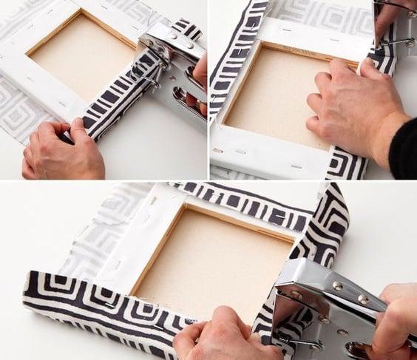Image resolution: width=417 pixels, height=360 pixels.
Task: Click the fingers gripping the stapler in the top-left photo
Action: coord(200,74)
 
